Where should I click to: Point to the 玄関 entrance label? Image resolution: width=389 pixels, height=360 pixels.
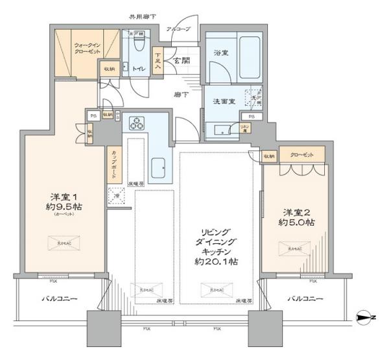pos(181,60)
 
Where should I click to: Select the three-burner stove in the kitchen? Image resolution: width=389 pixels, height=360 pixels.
pos(139,123)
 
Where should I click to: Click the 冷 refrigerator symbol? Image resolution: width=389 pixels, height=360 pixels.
pos(117,193)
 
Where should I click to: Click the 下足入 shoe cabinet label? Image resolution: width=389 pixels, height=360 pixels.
pos(158,62)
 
